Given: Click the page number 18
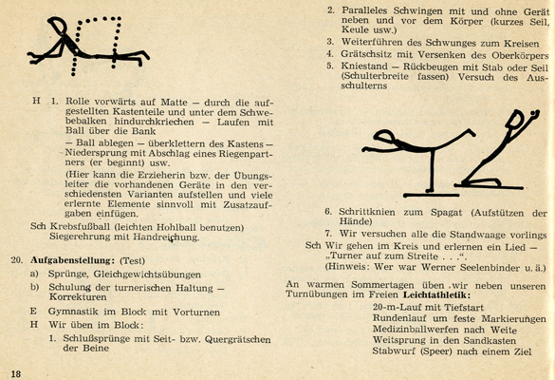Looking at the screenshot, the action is tap(16, 374).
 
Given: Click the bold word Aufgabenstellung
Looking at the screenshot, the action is tap(72, 260).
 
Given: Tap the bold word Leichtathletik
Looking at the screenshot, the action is tap(436, 294).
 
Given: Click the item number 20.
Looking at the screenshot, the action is tap(17, 260).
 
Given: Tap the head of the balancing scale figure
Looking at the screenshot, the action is tap(384, 137).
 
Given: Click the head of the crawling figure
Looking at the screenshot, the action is tap(58, 25).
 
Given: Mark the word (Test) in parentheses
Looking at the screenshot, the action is tap(133, 261).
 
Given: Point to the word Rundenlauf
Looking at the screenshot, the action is tap(398, 318).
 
